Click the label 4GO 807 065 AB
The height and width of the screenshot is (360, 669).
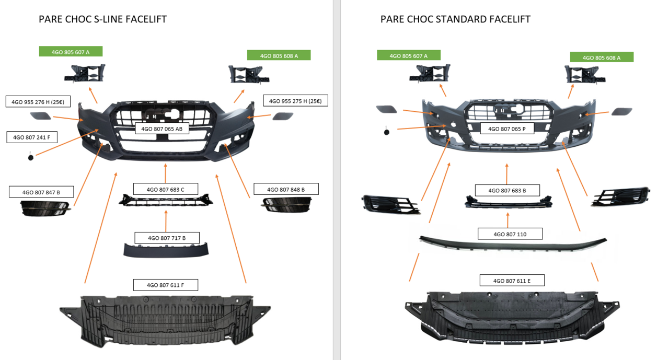pos(162,129)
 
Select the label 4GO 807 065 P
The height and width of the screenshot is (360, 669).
pos(506,129)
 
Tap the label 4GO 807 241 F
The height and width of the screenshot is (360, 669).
pos(32,137)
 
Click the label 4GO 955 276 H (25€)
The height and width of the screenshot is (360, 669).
pos(38,102)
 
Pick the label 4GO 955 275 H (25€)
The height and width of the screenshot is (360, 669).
pos(295,101)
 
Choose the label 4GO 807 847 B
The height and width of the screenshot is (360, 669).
pos(41,192)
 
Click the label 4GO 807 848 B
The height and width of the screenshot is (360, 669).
pos(286,189)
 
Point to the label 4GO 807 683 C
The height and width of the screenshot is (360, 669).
pos(166,189)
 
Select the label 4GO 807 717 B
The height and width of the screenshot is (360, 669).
pos(167,238)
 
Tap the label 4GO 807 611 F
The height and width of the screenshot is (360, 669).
pos(166,285)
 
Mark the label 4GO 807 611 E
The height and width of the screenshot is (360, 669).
pos(512,281)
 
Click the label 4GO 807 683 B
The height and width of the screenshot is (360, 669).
pos(507,190)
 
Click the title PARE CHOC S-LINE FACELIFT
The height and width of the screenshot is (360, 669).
pos(102,19)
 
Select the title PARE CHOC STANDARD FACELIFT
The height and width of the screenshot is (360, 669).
pos(455,19)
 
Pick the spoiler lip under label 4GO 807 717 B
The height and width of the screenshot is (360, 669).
pos(166,250)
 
